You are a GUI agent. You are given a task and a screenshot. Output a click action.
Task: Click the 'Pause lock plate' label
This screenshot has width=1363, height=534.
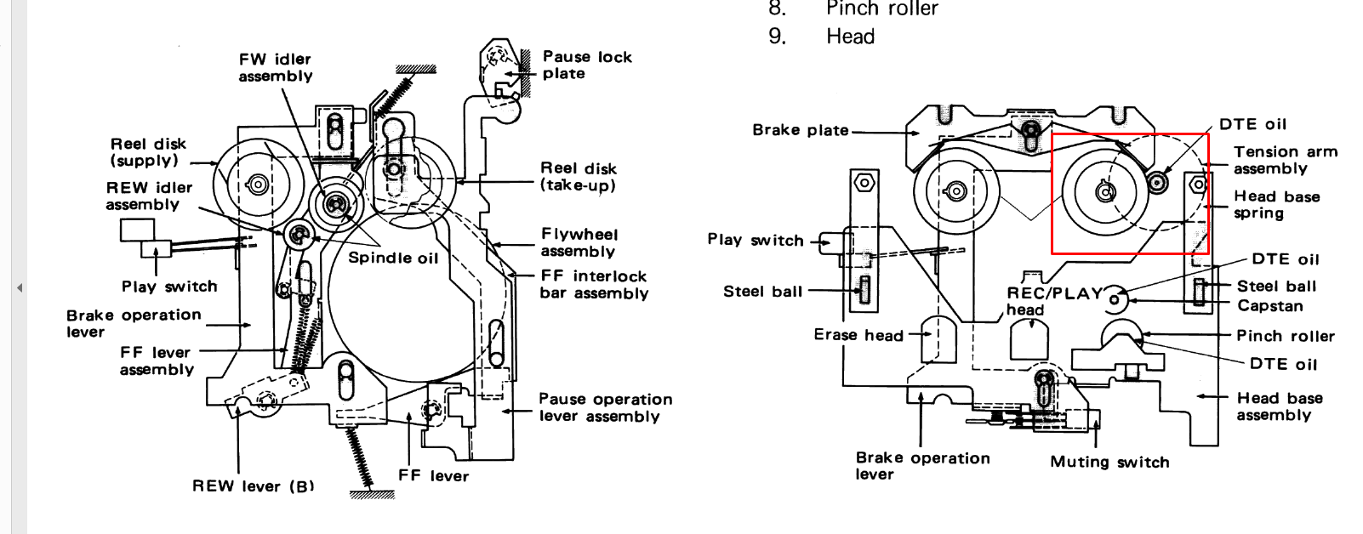pos(587,65)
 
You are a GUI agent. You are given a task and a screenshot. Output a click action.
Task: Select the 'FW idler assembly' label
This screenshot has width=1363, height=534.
pos(275,67)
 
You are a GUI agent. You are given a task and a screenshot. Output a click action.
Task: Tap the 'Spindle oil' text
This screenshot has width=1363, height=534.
pos(393,258)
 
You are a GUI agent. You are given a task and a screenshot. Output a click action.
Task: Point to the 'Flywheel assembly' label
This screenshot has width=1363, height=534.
pos(579,242)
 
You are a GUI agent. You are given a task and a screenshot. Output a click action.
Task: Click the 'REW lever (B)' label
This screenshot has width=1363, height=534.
pos(253,486)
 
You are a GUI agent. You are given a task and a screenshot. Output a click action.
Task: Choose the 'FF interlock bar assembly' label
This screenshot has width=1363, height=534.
pos(594,285)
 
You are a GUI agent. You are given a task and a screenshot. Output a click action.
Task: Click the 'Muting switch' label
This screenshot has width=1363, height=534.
pos(1109,462)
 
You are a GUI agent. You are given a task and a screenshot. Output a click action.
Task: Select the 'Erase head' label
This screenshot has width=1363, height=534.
pos(858,335)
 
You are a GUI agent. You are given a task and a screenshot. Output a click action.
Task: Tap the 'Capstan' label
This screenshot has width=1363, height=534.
pos(1269,305)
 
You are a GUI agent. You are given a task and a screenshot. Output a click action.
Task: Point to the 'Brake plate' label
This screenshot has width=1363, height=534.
pos(801,130)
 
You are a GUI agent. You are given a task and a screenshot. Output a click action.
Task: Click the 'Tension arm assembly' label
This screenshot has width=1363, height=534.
pos(1285,160)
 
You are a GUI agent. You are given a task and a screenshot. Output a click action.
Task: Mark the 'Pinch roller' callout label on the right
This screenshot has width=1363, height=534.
pos(1285,336)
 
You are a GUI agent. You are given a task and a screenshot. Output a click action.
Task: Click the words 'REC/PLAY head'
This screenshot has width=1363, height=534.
pos(1053,300)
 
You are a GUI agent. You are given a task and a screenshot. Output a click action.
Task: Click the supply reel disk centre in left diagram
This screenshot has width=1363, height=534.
pos(257,184)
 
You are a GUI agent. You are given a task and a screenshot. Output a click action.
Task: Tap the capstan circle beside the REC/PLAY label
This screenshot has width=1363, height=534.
pos(1115,299)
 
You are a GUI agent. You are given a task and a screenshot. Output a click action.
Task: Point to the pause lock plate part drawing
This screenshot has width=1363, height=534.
pos(499,68)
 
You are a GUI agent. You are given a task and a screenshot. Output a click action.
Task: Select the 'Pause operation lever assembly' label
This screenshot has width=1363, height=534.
pos(605,407)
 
